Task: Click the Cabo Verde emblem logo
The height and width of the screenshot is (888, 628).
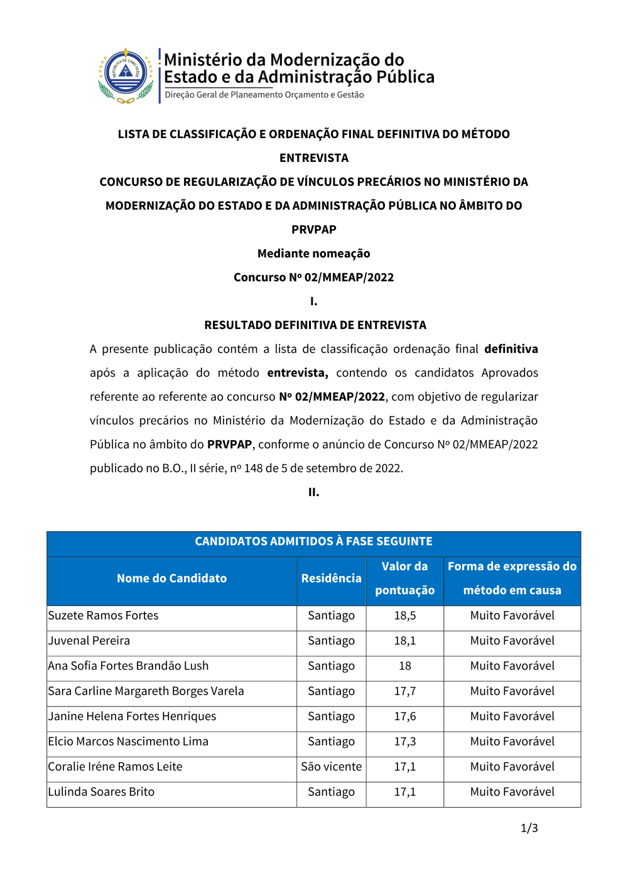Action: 126,75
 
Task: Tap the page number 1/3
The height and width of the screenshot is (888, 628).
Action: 529,828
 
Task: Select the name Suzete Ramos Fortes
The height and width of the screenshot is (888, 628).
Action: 103,615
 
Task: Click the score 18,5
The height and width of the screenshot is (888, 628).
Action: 404,615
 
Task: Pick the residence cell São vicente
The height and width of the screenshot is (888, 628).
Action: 331,767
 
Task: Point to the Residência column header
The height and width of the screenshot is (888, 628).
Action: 331,578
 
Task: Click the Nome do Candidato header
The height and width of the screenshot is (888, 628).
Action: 171,578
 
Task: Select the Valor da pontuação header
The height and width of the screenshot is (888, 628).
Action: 404,578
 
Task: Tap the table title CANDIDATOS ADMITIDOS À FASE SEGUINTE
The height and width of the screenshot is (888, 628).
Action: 313,541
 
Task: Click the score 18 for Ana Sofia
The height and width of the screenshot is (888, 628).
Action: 404,666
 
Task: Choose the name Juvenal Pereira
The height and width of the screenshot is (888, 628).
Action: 89,641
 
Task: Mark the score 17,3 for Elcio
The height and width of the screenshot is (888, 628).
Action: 404,742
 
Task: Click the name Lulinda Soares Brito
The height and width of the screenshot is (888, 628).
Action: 101,792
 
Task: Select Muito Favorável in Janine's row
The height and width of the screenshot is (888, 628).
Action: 512,717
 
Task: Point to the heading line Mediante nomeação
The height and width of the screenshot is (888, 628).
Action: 313,254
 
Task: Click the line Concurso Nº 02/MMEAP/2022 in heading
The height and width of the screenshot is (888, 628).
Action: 313,278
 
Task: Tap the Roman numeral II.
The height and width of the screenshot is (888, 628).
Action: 313,492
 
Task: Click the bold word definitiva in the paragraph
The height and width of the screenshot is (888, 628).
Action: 511,349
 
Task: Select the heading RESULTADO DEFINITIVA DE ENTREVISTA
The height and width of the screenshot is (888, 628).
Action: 315,325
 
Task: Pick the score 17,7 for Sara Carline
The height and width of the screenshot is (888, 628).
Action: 404,691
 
